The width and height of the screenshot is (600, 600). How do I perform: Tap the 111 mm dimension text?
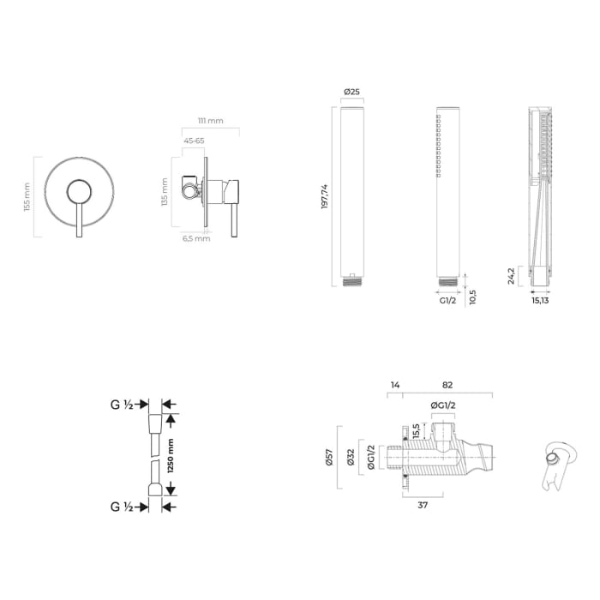[210, 121]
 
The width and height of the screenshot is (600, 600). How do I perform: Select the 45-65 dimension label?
[194, 140]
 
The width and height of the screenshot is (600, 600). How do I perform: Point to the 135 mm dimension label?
[166, 193]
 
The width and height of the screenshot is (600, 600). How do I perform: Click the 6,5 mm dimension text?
[195, 238]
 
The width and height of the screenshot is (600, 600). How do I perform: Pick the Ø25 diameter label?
[351, 92]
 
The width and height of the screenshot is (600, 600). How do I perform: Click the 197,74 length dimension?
[325, 196]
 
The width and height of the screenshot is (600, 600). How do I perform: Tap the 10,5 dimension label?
[473, 296]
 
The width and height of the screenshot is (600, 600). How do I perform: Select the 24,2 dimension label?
[511, 275]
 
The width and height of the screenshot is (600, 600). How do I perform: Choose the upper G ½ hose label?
[121, 403]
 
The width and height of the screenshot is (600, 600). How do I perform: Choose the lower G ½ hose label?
[121, 507]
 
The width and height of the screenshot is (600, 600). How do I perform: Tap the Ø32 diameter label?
[351, 458]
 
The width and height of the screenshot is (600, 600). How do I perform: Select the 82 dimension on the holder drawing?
[447, 387]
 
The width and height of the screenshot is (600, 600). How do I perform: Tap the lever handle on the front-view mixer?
[79, 211]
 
